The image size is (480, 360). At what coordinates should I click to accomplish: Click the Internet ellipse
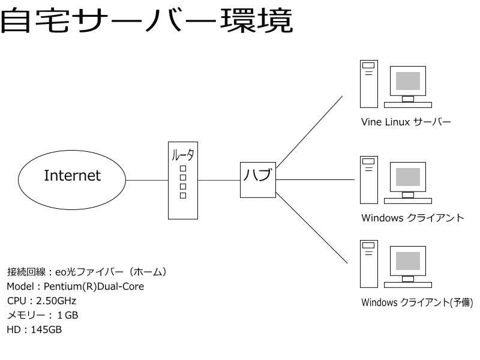[x=73, y=176]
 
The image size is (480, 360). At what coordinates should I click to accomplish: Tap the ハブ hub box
[x=257, y=179]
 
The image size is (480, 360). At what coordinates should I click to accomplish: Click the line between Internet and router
[x=147, y=180]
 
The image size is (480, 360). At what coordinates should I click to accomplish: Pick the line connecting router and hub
[x=218, y=180]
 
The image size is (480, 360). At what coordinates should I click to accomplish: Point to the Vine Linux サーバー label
[x=406, y=122]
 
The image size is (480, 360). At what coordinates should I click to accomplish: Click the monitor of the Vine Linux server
[x=408, y=81]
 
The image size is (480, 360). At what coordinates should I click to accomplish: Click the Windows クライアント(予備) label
[x=417, y=302]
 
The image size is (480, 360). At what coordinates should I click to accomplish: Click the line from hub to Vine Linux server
[x=309, y=131]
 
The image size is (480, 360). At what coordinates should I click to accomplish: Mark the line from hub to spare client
[x=312, y=228]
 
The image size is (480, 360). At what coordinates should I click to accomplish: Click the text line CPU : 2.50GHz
[x=41, y=301]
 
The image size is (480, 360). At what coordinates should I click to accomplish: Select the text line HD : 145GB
[x=34, y=329]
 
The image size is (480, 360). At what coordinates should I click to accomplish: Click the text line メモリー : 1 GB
[x=42, y=315]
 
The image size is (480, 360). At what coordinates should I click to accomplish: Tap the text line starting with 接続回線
[x=86, y=272]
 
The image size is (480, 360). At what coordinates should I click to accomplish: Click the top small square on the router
[x=183, y=169]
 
